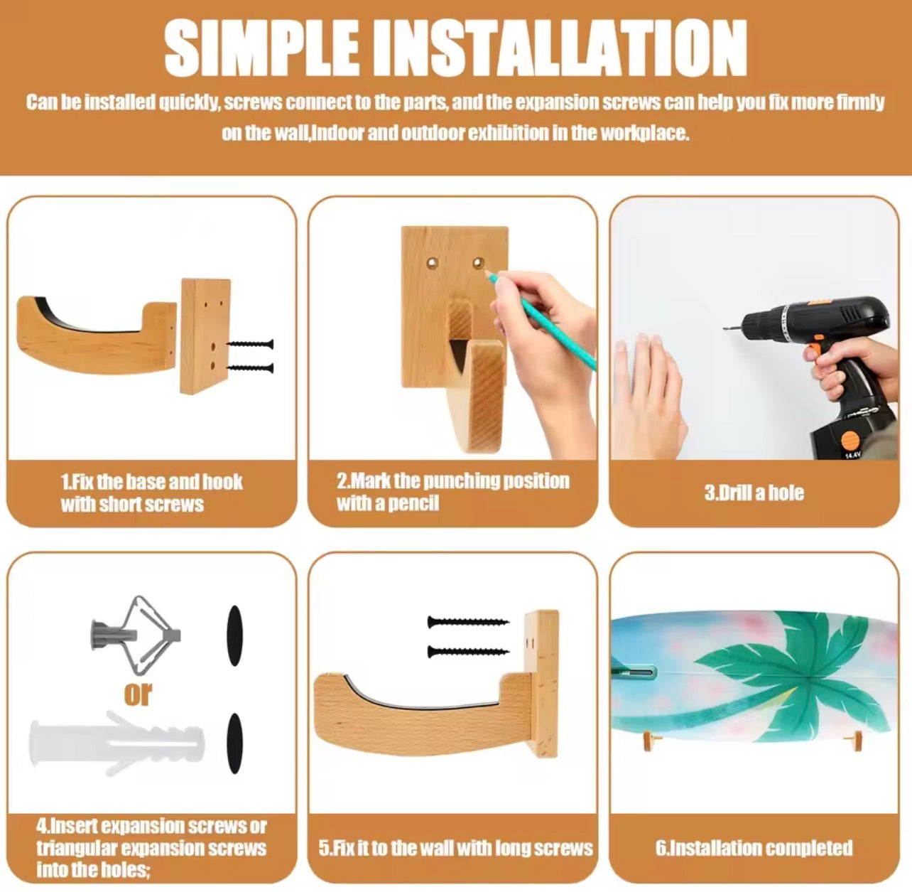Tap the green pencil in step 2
tap(541, 319)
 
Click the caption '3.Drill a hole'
tap(754, 493)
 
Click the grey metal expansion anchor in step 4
tap(136, 636)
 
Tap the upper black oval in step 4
tap(235, 635)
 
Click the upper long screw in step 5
tap(467, 623)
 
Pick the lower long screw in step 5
tap(467, 652)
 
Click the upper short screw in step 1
tap(250, 344)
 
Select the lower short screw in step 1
tap(250, 368)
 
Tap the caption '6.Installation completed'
tap(754, 848)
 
